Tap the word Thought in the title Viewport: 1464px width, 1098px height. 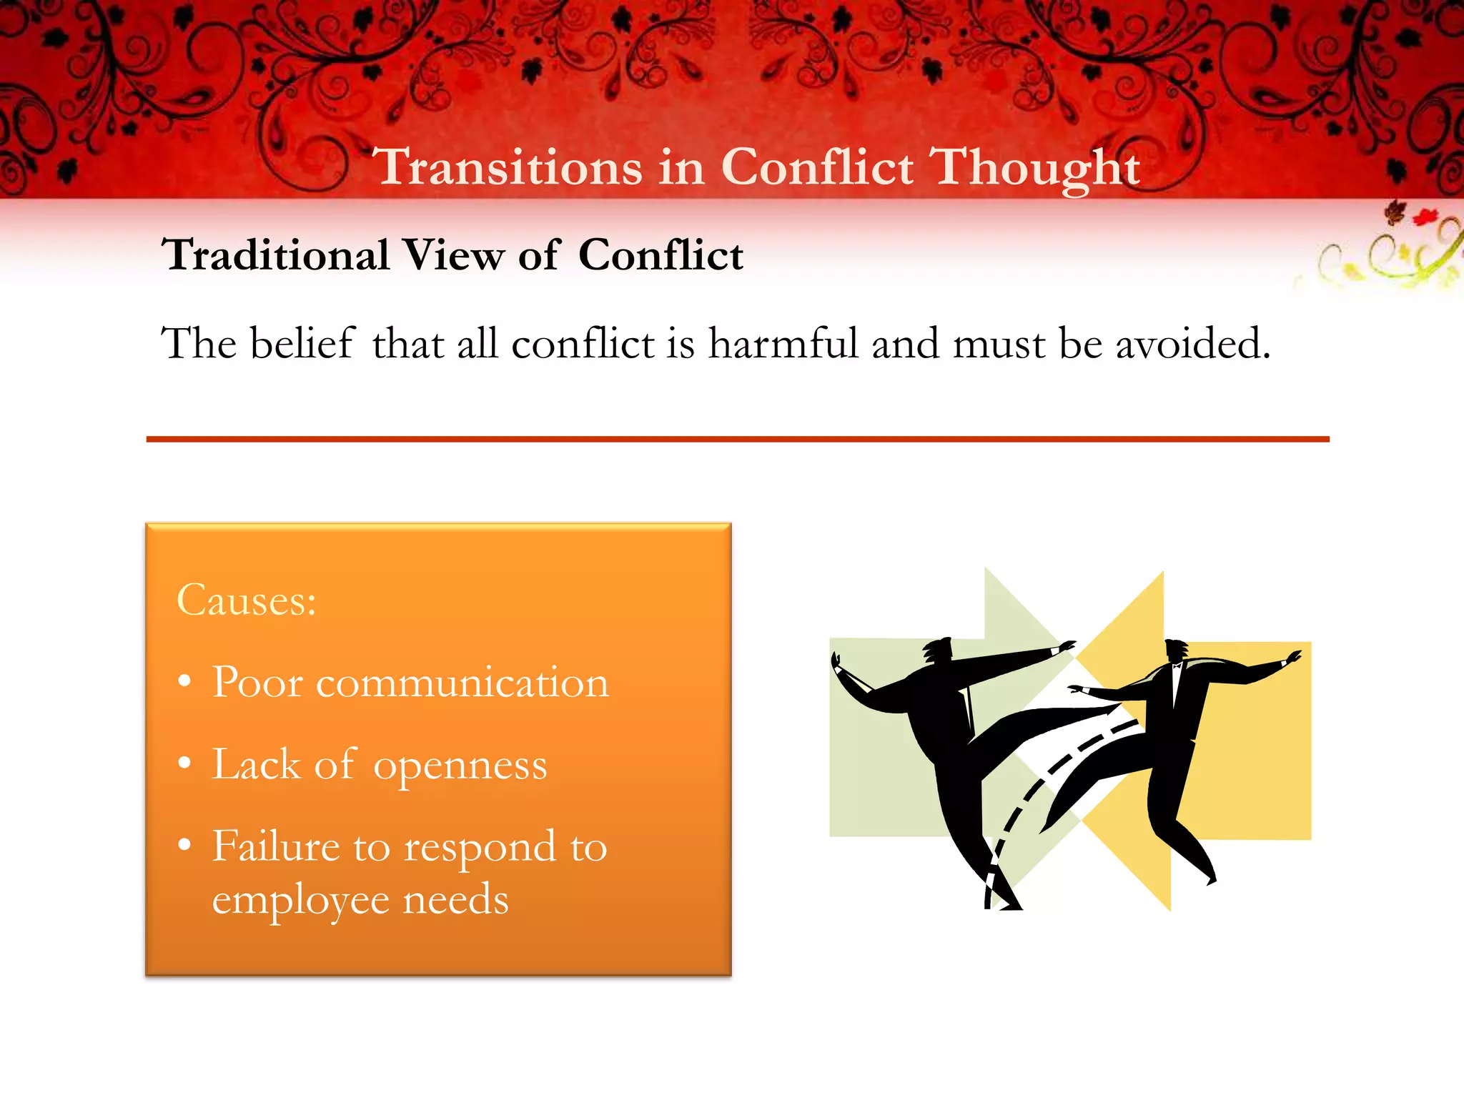[x=1037, y=167]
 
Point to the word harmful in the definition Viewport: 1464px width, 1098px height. [x=783, y=343]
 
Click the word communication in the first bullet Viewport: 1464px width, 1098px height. [x=462, y=682]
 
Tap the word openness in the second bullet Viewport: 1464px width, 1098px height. [x=460, y=765]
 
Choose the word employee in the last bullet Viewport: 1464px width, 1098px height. [x=300, y=899]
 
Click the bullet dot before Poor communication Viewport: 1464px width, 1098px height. [x=185, y=682]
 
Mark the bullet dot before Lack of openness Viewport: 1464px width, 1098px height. [x=185, y=763]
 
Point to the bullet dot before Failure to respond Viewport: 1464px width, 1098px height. [x=185, y=845]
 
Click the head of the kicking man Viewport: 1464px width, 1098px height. [x=937, y=651]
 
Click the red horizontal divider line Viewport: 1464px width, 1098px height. [x=736, y=439]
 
